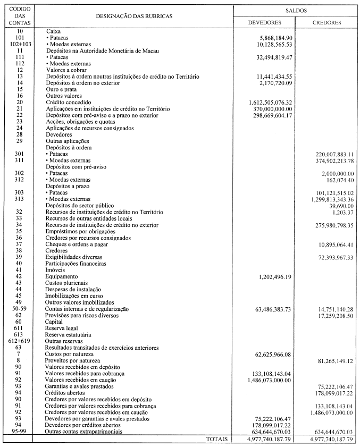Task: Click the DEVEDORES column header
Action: click(x=265, y=23)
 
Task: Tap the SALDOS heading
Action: click(x=296, y=11)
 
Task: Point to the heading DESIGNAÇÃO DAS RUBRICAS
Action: click(x=133, y=16)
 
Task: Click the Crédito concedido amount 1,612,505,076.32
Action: click(x=271, y=102)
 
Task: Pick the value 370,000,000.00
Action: click(x=274, y=108)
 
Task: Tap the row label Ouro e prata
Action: click(x=62, y=89)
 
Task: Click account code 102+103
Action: click(x=19, y=44)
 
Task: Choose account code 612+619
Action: click(x=19, y=341)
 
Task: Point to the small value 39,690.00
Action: click(x=340, y=205)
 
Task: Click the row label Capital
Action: click(x=55, y=322)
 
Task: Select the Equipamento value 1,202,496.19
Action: click(x=274, y=277)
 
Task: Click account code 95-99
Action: click(x=19, y=431)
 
